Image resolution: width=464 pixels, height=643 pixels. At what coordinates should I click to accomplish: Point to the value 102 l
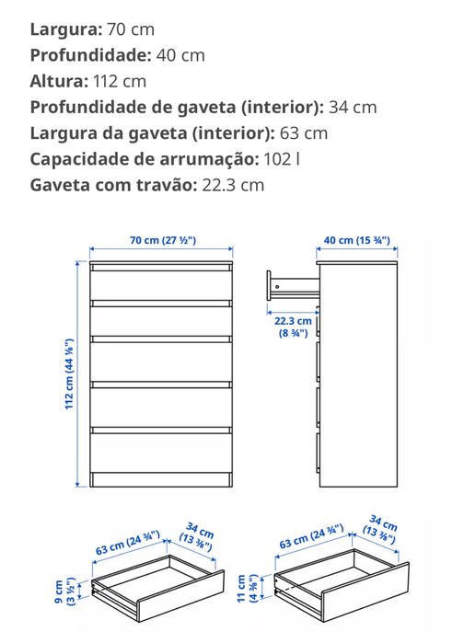(282, 158)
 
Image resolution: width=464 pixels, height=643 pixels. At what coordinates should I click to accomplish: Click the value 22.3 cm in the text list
(232, 185)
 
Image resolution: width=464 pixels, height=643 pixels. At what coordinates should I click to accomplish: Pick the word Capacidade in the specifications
(75, 158)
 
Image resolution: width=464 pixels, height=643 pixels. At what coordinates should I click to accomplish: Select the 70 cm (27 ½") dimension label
(162, 240)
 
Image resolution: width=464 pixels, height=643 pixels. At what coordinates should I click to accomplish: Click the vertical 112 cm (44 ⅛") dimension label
(70, 373)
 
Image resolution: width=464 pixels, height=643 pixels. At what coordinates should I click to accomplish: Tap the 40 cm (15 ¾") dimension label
(356, 240)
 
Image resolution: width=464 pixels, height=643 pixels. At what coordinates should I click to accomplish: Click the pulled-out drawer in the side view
(292, 284)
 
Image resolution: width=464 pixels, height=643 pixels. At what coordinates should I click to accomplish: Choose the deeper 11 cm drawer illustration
(338, 588)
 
